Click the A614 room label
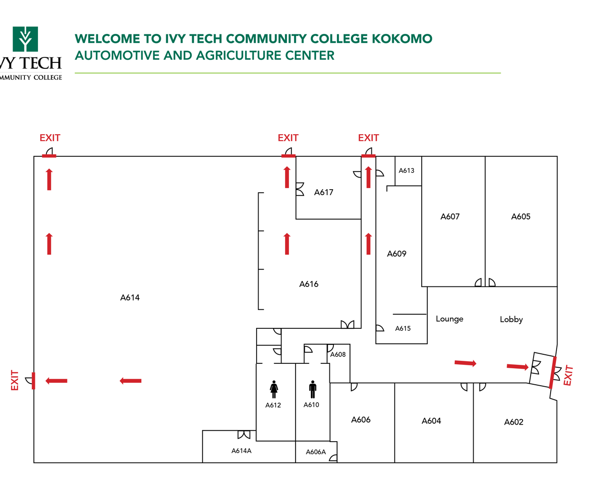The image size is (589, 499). click(x=130, y=298)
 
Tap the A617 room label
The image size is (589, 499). click(x=323, y=192)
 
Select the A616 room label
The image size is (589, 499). click(x=309, y=284)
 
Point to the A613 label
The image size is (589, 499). click(x=406, y=171)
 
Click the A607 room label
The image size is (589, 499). click(x=450, y=217)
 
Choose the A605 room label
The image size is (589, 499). click(x=521, y=217)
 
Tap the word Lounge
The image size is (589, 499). click(x=449, y=319)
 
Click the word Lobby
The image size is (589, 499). click(x=511, y=319)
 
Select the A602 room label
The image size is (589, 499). click(x=514, y=422)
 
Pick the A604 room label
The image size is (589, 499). click(x=431, y=421)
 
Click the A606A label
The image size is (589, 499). click(x=315, y=452)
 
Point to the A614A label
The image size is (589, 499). click(x=241, y=451)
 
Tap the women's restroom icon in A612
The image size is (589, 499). click(x=274, y=389)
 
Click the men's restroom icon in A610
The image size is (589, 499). click(x=312, y=389)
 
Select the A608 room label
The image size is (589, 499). click(x=338, y=355)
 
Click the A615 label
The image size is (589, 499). click(x=403, y=328)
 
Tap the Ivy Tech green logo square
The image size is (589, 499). click(x=25, y=39)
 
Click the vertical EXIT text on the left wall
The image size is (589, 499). click(x=14, y=380)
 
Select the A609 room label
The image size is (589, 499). click(x=397, y=254)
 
